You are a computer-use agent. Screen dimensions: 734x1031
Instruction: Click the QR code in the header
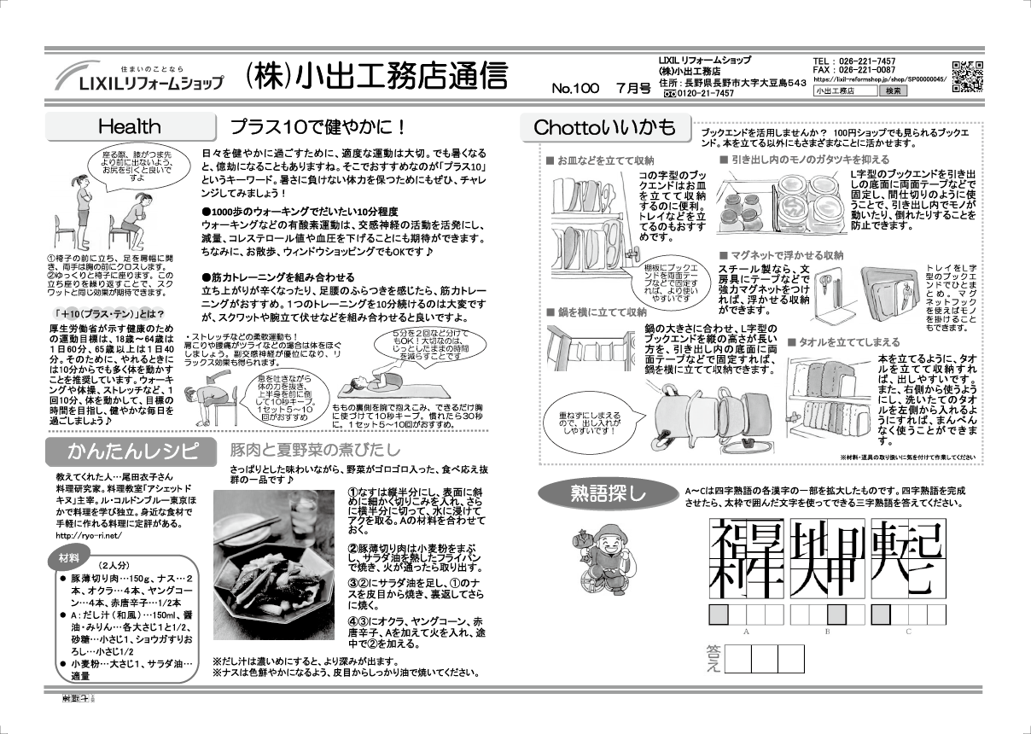(x=966, y=77)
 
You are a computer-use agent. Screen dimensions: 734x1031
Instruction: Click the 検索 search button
(x=895, y=90)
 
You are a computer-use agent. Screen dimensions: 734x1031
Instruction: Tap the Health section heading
(x=129, y=127)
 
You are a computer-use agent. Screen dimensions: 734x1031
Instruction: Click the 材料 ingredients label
(x=69, y=558)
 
